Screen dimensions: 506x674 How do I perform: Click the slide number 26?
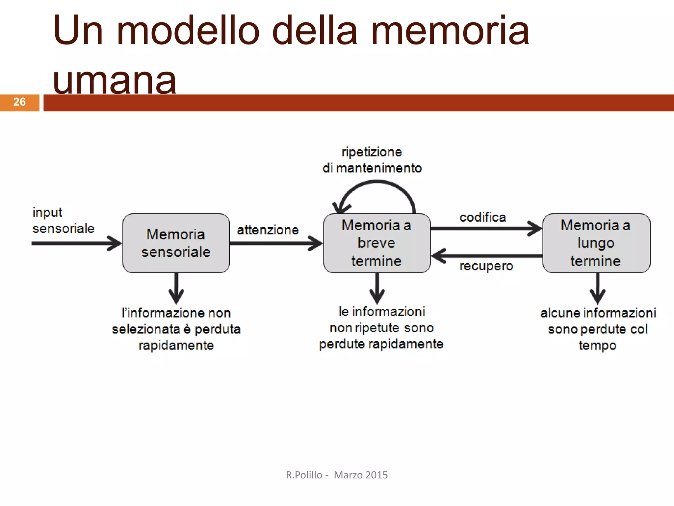point(19,102)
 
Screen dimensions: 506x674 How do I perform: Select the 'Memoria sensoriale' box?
point(176,243)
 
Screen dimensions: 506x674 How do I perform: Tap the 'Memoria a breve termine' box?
point(376,243)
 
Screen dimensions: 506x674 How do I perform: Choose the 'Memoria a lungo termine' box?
point(596,243)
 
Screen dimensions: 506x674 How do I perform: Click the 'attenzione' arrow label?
point(268,230)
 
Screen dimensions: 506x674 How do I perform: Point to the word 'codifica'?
point(482,217)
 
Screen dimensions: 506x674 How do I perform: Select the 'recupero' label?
point(486,266)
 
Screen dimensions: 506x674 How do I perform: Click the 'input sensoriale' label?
point(63,220)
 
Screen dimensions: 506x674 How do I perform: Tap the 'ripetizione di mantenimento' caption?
point(372,160)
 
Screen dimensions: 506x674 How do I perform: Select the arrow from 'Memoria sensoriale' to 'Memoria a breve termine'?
point(276,243)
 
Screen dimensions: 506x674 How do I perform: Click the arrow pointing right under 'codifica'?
point(486,228)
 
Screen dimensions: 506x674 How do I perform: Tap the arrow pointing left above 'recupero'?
point(486,256)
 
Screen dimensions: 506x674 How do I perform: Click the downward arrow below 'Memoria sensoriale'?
point(176,288)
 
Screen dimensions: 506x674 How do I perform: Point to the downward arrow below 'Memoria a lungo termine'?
point(597,288)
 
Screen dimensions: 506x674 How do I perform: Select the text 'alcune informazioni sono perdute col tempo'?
point(598,329)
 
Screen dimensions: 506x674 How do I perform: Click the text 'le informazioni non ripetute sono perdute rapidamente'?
point(381,328)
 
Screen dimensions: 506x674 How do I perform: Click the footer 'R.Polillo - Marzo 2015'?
point(337,475)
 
